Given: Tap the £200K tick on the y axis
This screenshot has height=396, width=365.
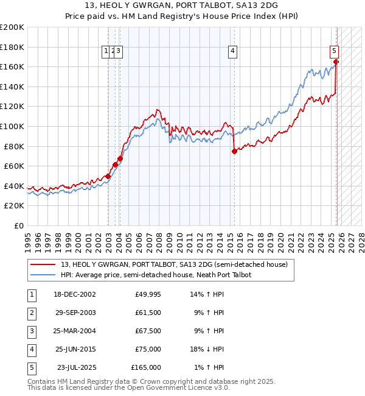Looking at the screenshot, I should [x=12, y=27].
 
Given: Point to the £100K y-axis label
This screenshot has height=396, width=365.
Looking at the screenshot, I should [x=12, y=126].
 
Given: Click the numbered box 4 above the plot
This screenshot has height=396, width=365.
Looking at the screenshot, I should [x=232, y=52].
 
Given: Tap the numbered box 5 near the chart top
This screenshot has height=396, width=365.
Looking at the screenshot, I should [x=335, y=52].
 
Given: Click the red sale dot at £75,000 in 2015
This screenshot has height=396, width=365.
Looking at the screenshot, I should [x=234, y=152].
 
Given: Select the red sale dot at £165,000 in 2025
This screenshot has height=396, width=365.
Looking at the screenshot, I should [x=336, y=62].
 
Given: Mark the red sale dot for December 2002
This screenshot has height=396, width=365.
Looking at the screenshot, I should [x=108, y=176].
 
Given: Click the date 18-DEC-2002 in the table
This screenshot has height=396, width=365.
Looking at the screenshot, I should [x=75, y=294].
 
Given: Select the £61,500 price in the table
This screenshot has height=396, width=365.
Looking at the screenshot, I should [x=148, y=313].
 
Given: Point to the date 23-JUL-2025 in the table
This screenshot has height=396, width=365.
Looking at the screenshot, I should [x=77, y=367].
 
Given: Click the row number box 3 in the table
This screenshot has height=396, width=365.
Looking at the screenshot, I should [x=31, y=331].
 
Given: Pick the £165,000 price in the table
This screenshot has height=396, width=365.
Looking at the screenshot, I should [x=146, y=367].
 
